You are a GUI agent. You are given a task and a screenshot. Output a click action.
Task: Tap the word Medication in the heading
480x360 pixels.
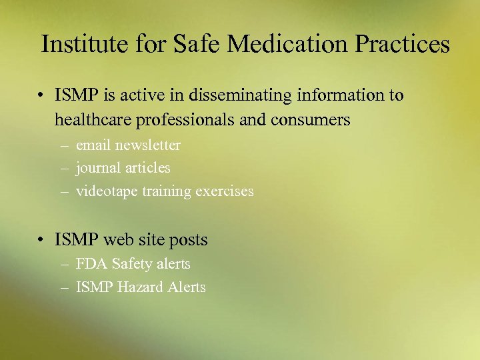(x=287, y=45)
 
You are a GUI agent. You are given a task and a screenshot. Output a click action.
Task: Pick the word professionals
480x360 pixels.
(x=191, y=121)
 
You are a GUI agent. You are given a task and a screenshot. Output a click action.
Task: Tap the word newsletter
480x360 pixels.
(x=147, y=145)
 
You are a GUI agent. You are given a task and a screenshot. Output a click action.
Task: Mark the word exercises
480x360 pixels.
(x=225, y=192)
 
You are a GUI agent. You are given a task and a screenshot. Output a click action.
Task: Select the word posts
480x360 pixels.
(x=190, y=240)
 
